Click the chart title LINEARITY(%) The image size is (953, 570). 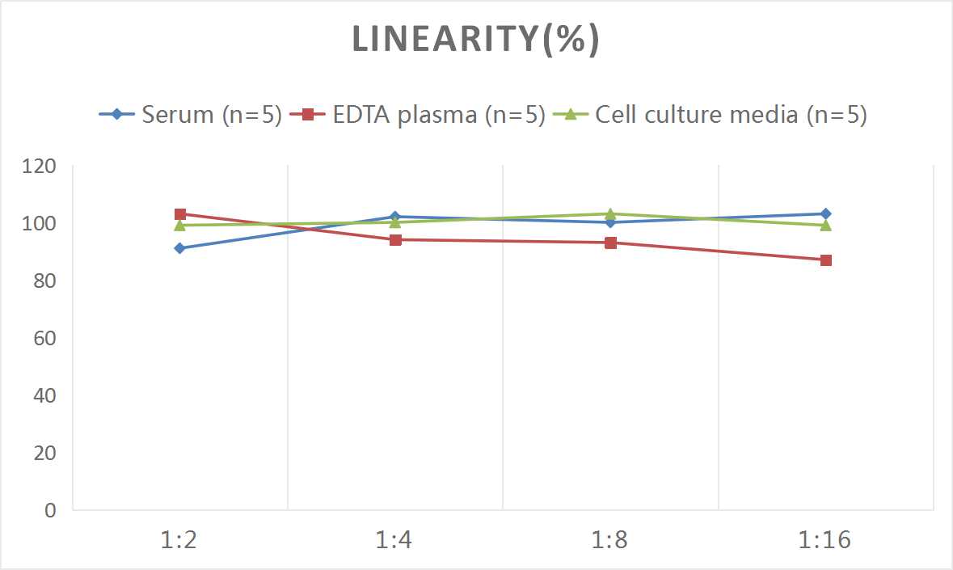[x=475, y=40]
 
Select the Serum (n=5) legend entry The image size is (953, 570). [x=191, y=114]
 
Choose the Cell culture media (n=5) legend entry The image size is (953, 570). [x=711, y=114]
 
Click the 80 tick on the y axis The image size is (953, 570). [x=44, y=281]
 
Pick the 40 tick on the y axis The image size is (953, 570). [x=44, y=395]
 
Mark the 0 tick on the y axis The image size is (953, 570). [x=50, y=510]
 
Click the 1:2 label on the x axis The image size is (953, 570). [x=179, y=539]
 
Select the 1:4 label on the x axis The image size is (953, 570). [x=395, y=539]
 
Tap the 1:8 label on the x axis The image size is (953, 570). [x=610, y=539]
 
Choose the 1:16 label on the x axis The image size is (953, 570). [x=825, y=539]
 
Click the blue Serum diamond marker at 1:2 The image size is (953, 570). [x=179, y=248]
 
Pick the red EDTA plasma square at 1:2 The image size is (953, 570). [x=179, y=214]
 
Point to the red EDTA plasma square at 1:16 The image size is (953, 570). [x=826, y=260]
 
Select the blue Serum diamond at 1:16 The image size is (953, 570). [x=826, y=214]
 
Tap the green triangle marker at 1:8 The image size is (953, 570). [x=610, y=214]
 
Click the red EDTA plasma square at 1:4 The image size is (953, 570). [x=395, y=239]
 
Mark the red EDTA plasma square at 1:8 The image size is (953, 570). [x=610, y=243]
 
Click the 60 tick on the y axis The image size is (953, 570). [x=44, y=338]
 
